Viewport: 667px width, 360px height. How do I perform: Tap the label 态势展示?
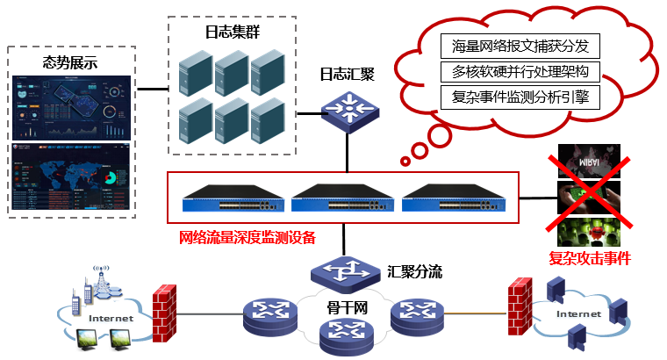point(70,62)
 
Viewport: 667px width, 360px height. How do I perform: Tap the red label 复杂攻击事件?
point(590,259)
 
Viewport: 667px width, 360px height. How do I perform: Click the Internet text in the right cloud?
point(577,313)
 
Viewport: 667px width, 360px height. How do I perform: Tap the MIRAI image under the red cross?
point(590,162)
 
